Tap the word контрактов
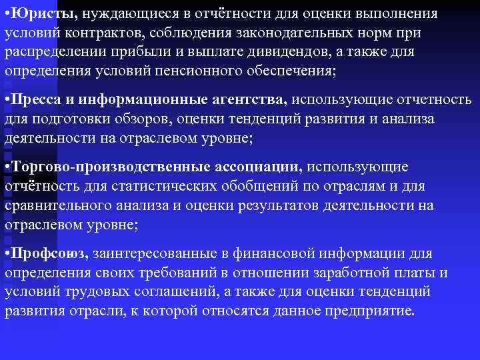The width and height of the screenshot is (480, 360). pyautogui.click(x=97, y=33)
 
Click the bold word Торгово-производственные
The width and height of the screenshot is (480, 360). pyautogui.click(x=109, y=167)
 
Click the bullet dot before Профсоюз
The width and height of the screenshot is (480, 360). pyautogui.click(x=7, y=254)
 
